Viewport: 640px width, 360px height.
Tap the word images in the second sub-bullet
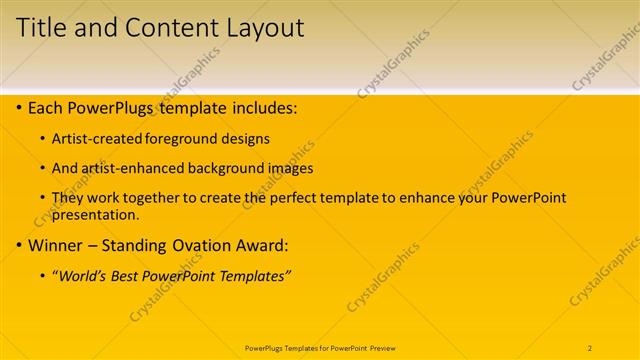click(x=292, y=168)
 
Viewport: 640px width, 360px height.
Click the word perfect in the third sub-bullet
click(x=342, y=198)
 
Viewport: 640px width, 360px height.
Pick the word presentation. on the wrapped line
click(x=96, y=214)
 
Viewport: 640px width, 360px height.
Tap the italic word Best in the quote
click(x=126, y=276)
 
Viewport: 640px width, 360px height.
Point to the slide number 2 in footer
click(x=590, y=347)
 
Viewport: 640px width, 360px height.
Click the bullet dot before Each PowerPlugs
click(x=20, y=107)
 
